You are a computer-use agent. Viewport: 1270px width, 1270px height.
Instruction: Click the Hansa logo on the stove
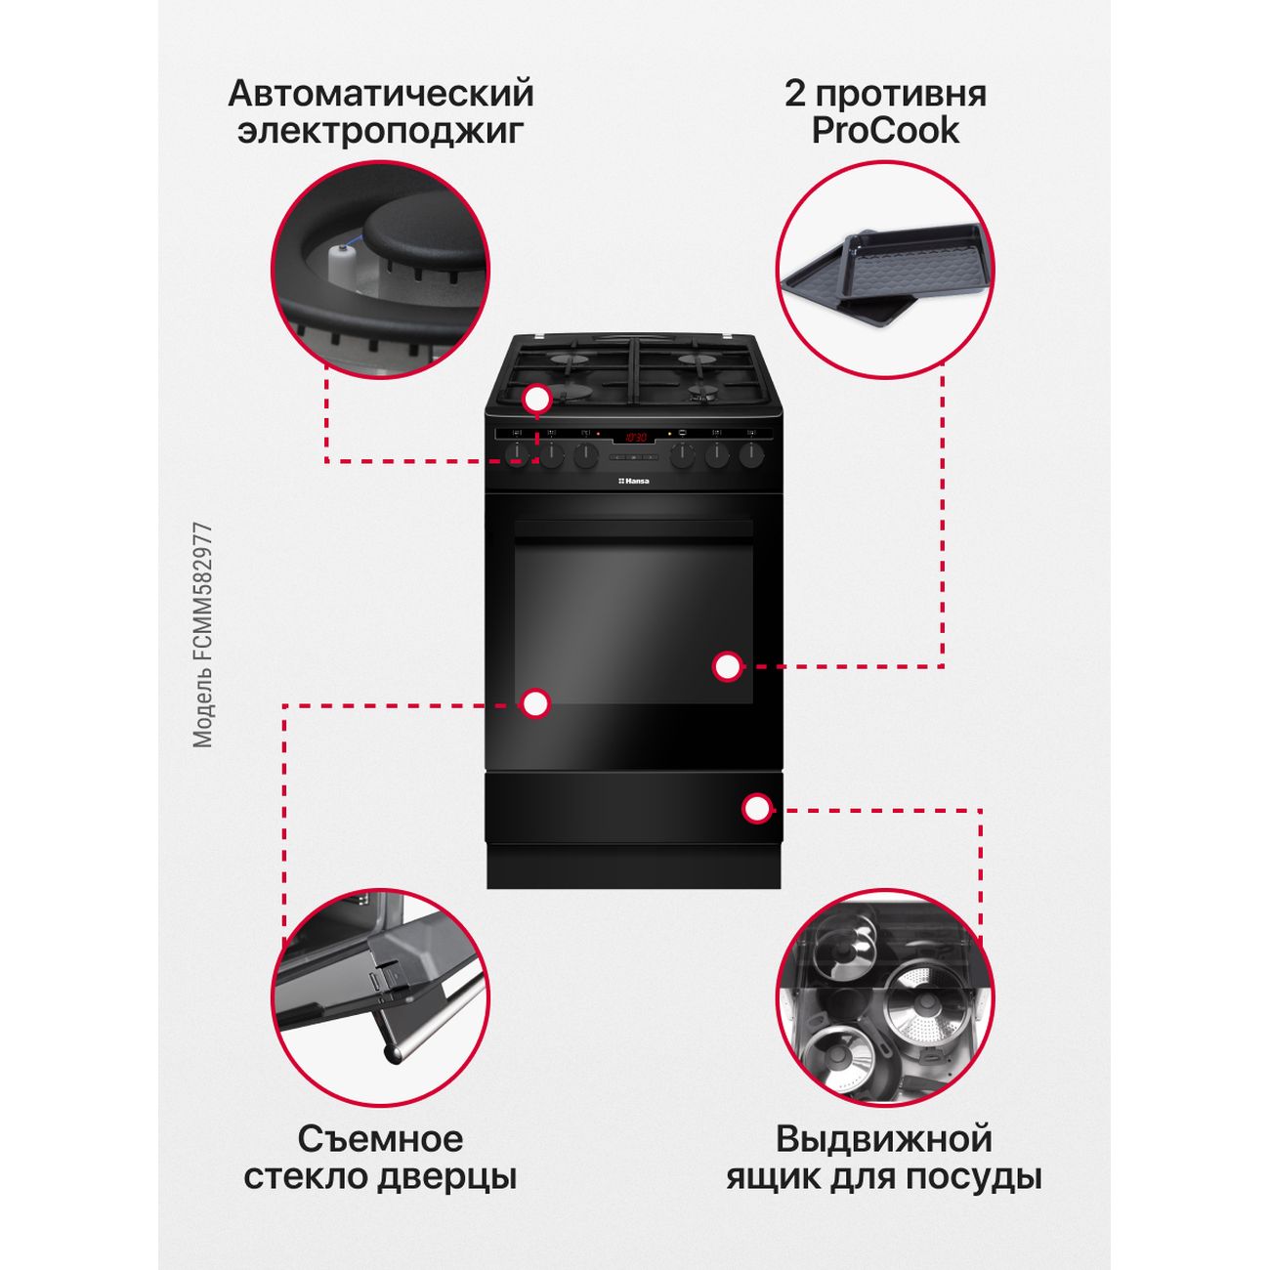pos(633,481)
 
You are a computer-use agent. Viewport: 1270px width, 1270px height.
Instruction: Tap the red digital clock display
pos(635,437)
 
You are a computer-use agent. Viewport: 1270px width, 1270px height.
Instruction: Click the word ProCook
pos(884,131)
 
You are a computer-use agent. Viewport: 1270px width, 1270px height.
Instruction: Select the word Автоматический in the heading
pos(381,93)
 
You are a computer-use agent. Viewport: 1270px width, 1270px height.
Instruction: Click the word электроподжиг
pos(381,131)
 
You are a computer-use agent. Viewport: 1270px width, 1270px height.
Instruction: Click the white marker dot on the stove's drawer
pos(756,808)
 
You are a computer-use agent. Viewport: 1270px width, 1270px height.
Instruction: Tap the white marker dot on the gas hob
pos(537,400)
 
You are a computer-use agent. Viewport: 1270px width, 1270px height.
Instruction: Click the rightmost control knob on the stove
pos(750,455)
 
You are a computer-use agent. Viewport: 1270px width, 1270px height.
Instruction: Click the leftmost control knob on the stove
pos(518,455)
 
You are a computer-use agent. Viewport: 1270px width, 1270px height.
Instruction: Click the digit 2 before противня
pos(795,93)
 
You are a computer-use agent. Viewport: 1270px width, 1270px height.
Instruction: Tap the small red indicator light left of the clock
pos(598,435)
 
